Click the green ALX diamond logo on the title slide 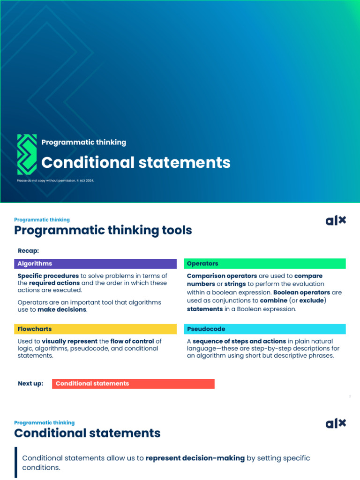click(27, 154)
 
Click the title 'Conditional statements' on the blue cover click(136, 163)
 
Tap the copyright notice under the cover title click(55, 180)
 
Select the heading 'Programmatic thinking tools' click(103, 230)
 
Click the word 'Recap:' click(28, 251)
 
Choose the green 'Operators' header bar click(264, 263)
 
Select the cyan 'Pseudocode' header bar click(264, 329)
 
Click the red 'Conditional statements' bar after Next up click(133, 383)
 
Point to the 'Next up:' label click(30, 383)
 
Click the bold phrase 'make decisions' click(62, 309)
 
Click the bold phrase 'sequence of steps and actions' click(239, 341)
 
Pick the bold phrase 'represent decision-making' click(195, 458)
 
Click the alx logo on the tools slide click(336, 220)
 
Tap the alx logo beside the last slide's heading click(336, 423)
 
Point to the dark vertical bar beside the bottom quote click(16, 462)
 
